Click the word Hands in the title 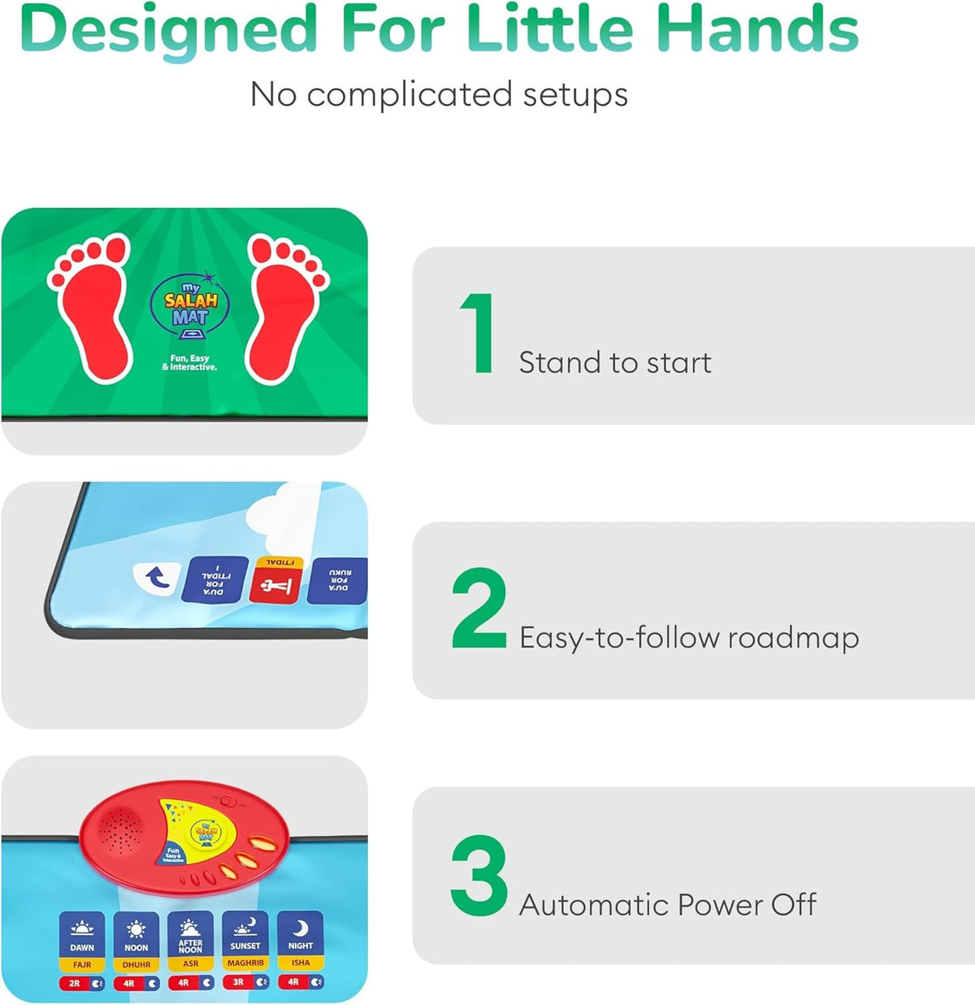(x=757, y=29)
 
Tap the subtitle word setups (x=575, y=95)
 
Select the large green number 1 (x=478, y=334)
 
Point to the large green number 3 (x=479, y=876)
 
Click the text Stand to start (x=615, y=362)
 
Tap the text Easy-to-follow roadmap (x=689, y=638)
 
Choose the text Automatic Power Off (x=668, y=904)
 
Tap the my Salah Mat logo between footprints (x=190, y=305)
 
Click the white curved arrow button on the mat (x=156, y=578)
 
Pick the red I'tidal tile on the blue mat (x=275, y=580)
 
